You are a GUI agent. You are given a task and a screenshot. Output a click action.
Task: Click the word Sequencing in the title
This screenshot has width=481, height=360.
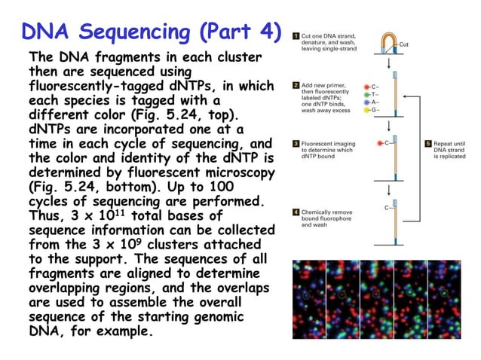coord(139,32)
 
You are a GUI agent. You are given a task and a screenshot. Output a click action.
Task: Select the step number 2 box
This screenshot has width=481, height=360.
coord(296,86)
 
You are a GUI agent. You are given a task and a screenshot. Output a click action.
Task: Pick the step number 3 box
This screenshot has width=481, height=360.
coord(296,143)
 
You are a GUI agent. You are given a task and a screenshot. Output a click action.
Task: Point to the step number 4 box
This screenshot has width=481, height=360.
coord(296,212)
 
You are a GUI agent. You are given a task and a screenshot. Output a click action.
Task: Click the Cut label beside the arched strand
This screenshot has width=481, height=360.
coord(403,45)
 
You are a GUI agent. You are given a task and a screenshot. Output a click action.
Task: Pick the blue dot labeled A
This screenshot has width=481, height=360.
coord(367,102)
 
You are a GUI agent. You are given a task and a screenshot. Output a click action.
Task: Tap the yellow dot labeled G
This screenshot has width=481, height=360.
coord(367,110)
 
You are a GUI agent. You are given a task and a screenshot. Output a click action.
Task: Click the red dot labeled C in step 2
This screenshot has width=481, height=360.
coord(367,86)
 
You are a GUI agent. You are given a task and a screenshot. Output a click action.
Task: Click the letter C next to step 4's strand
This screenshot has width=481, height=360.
coord(387,206)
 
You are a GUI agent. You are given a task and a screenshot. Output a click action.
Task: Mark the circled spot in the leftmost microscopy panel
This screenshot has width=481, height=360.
coord(306,294)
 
